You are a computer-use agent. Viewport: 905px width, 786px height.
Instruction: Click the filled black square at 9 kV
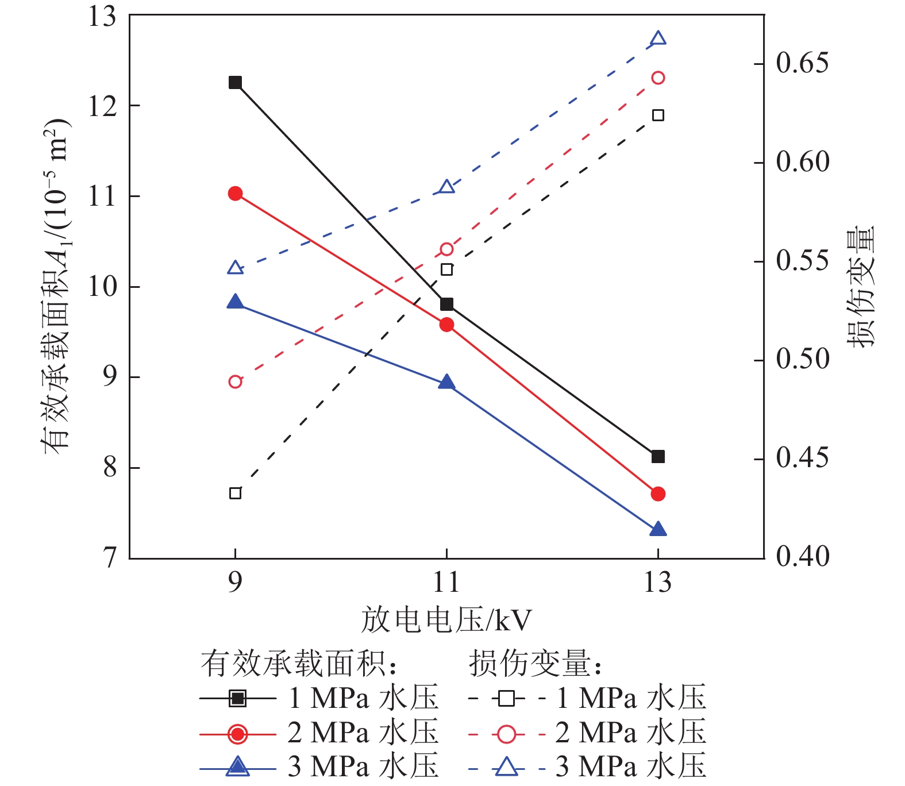tap(235, 83)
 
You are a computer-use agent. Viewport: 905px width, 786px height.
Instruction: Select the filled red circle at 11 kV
tap(446, 325)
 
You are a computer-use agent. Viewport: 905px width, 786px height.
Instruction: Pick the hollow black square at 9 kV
tap(235, 493)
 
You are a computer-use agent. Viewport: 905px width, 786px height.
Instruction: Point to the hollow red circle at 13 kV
tap(658, 78)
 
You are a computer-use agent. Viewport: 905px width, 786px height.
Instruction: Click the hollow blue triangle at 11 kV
tap(446, 187)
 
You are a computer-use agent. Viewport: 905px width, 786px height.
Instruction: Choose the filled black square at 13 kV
tap(658, 457)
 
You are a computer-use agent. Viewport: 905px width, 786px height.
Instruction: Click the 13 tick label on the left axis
tap(102, 16)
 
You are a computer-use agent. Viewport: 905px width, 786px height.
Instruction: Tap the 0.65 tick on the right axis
tap(802, 63)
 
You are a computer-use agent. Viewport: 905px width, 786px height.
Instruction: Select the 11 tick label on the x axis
tap(446, 582)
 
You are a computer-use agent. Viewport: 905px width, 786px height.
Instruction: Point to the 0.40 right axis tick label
tap(802, 557)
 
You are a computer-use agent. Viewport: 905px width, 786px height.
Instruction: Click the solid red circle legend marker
tap(237, 734)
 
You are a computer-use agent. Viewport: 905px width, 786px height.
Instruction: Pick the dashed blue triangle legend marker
tap(507, 767)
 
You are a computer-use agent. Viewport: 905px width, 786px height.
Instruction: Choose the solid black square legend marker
tap(237, 699)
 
